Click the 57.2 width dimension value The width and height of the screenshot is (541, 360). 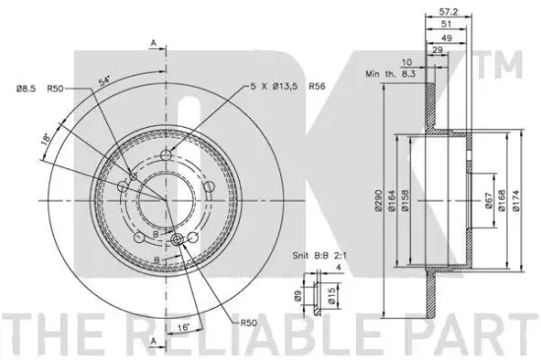[x=449, y=12]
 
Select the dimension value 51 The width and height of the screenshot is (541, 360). [x=447, y=25]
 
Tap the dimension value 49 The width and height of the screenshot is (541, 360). [x=447, y=38]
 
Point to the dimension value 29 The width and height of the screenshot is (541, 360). [x=437, y=50]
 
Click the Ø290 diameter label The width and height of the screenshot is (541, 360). [x=379, y=200]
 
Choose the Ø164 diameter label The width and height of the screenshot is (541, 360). [x=391, y=200]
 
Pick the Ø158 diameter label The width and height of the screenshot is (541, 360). [x=404, y=201]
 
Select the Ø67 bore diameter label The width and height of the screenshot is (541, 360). [x=488, y=201]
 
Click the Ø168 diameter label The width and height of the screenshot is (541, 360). [x=502, y=201]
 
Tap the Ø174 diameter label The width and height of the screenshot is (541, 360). [x=515, y=201]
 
